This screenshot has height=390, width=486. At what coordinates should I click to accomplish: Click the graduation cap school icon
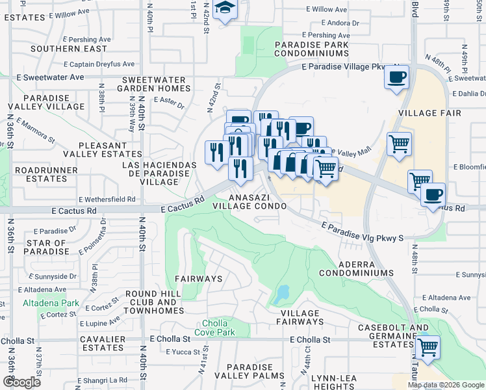pos(225,8)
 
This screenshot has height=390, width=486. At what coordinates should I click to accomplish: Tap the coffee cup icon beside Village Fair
pos(396,77)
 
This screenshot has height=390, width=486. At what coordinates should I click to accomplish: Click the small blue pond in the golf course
pos(281,295)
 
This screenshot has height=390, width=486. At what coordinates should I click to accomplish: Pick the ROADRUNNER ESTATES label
pos(42,174)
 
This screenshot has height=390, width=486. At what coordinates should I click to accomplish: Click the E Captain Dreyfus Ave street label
pos(99,64)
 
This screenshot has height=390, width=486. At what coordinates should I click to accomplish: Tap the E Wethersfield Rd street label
pos(107,199)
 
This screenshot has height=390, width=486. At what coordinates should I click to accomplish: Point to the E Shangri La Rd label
pos(103,380)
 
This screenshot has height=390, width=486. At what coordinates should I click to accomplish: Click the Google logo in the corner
pos(21,382)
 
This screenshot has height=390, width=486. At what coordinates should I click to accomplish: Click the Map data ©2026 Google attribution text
pos(446,385)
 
